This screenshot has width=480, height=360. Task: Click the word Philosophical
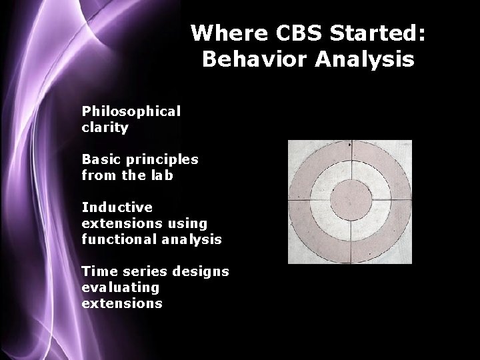click(131, 111)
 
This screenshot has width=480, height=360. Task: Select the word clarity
click(105, 127)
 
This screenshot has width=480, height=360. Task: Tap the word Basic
click(101, 159)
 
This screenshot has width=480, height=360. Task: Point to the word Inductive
click(117, 207)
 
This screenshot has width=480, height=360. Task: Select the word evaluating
click(120, 287)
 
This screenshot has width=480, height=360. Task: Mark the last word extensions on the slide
click(121, 303)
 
